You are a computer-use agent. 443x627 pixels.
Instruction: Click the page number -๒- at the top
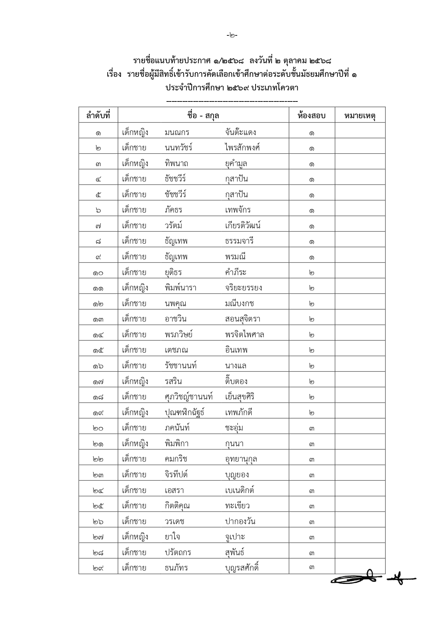pyautogui.click(x=232, y=35)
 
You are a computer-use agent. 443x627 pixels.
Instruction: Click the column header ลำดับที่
pyautogui.click(x=98, y=115)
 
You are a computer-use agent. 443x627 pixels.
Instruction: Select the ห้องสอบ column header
pyautogui.click(x=311, y=115)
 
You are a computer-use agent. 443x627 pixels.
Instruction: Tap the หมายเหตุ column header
pyautogui.click(x=360, y=115)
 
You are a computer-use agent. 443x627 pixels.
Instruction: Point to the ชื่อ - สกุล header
pyautogui.click(x=203, y=115)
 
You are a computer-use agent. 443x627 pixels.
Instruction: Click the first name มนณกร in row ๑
pyautogui.click(x=177, y=133)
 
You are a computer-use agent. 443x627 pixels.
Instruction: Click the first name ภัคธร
pyautogui.click(x=173, y=210)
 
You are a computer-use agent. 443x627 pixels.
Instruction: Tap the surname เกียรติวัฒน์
pyautogui.click(x=243, y=226)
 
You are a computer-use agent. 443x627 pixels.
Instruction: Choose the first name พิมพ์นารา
pyautogui.click(x=180, y=288)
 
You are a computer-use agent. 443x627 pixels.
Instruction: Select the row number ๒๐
pyautogui.click(x=98, y=428)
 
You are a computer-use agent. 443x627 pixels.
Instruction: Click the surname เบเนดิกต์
pyautogui.click(x=240, y=490)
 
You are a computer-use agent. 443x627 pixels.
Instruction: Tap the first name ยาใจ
pyautogui.click(x=172, y=537)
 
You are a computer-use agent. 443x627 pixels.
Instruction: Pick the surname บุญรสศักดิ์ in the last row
pyautogui.click(x=242, y=568)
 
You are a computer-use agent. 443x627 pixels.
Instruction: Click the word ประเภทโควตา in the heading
pyautogui.click(x=275, y=88)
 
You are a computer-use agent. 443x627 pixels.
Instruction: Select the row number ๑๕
pyautogui.click(x=98, y=350)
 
